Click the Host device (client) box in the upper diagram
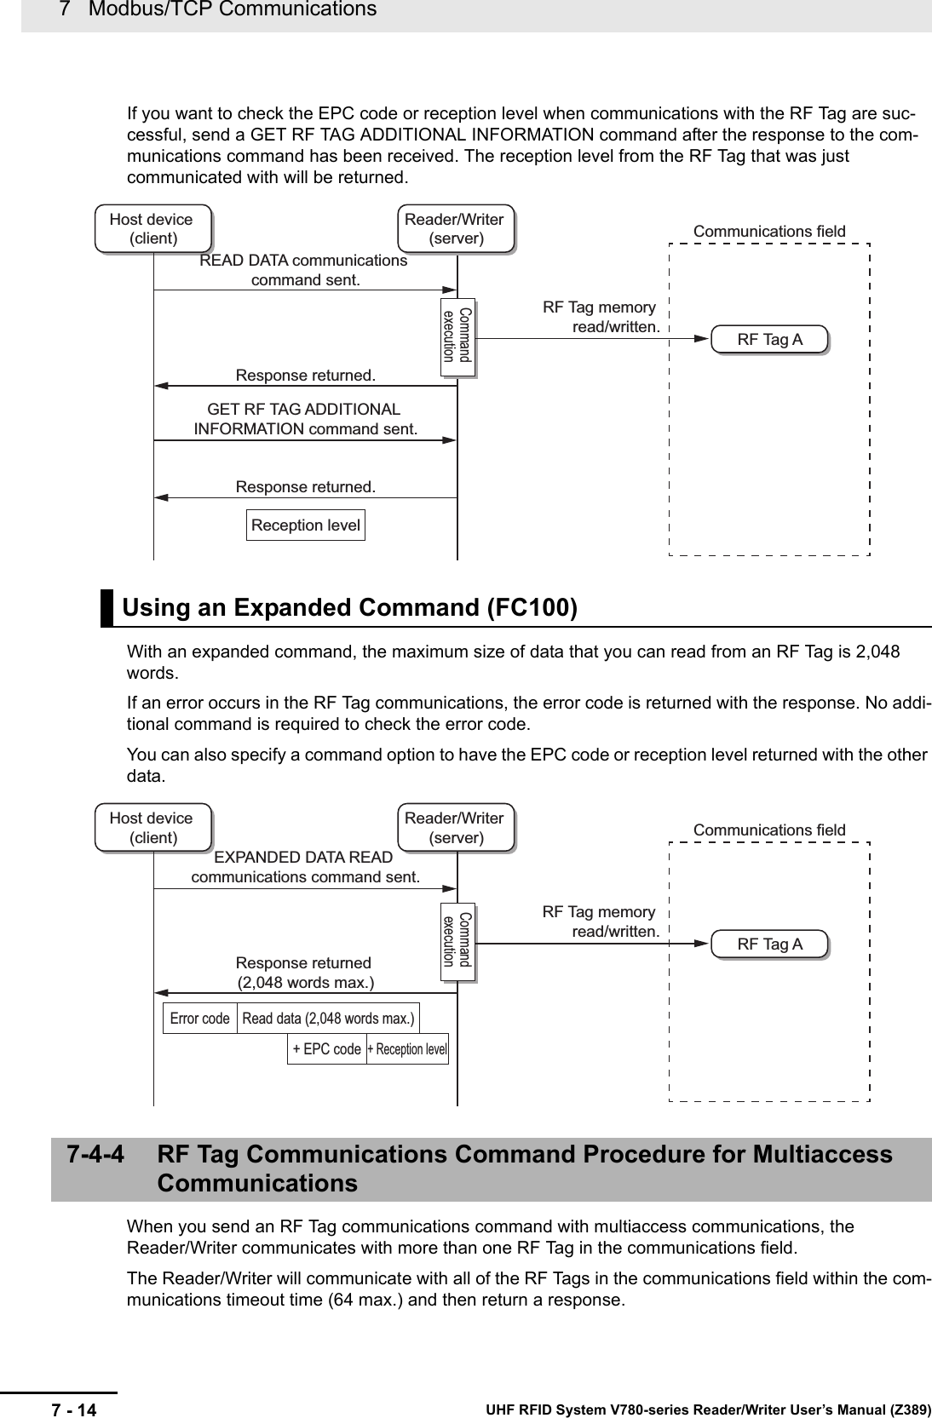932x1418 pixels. point(152,228)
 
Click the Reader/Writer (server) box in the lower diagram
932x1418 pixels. point(455,827)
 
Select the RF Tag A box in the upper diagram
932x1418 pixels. point(769,340)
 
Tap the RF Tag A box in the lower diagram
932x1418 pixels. point(769,944)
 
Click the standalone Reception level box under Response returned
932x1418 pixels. point(305,525)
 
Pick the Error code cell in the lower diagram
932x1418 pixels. point(199,1019)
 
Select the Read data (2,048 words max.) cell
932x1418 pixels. point(328,1019)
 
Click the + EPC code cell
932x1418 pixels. point(326,1049)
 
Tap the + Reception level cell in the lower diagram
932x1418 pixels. point(407,1049)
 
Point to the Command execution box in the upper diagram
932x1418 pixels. point(457,336)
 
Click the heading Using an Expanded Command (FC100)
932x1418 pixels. point(350,608)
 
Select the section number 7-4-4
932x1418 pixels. point(95,1155)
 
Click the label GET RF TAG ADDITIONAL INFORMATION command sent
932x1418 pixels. point(305,420)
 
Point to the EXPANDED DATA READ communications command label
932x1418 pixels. point(305,867)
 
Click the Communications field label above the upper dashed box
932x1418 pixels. point(769,232)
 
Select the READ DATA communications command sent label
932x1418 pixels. point(304,270)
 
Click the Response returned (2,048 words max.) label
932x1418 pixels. point(304,973)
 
